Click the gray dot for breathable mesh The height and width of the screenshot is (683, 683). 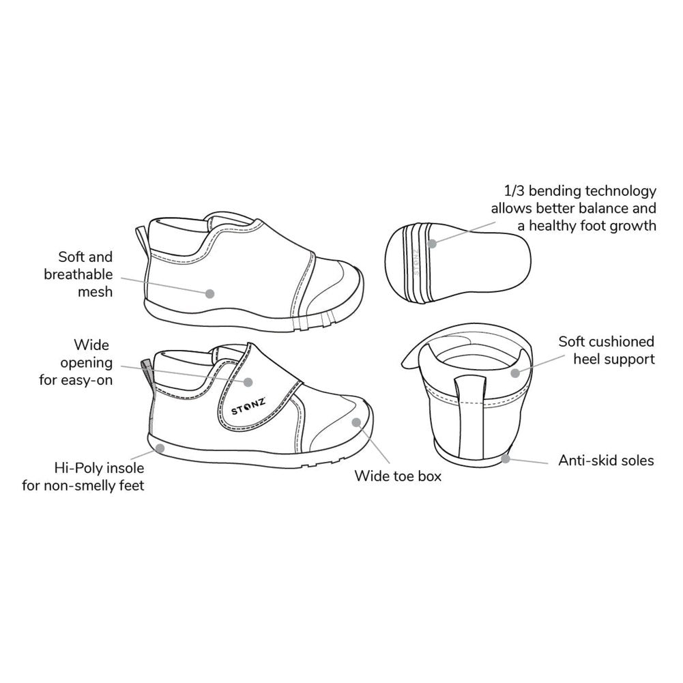[x=209, y=293]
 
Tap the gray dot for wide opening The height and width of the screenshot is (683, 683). [x=248, y=383]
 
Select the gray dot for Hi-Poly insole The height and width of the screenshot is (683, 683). [x=160, y=448]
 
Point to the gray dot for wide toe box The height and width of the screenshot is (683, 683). [x=357, y=422]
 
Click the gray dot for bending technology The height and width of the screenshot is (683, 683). [x=432, y=244]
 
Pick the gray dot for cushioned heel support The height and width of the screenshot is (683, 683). [x=515, y=373]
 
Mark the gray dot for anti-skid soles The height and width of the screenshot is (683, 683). [x=506, y=459]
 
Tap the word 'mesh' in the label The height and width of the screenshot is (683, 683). [x=95, y=292]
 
